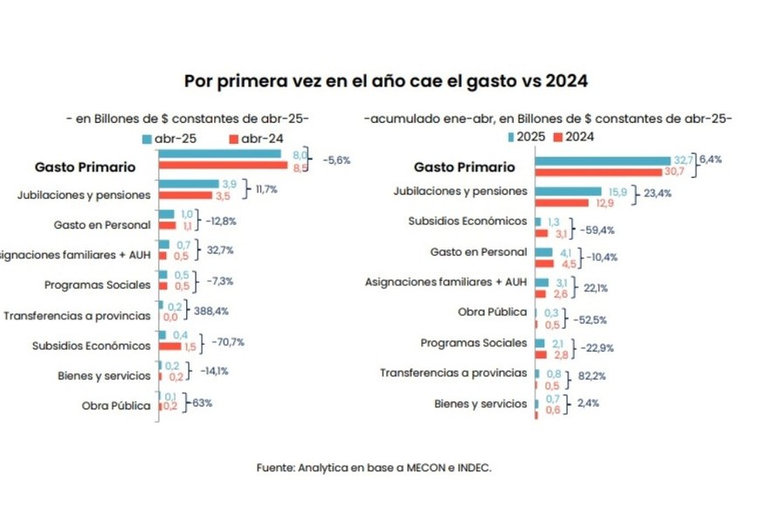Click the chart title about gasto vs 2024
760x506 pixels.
[385, 81]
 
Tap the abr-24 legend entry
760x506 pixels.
[256, 139]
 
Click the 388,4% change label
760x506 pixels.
[211, 310]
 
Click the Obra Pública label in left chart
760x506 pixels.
[116, 405]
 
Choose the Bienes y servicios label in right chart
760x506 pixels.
[480, 404]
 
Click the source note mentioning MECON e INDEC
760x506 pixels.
[374, 468]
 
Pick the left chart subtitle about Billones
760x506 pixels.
[188, 118]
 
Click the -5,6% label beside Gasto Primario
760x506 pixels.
[336, 161]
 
